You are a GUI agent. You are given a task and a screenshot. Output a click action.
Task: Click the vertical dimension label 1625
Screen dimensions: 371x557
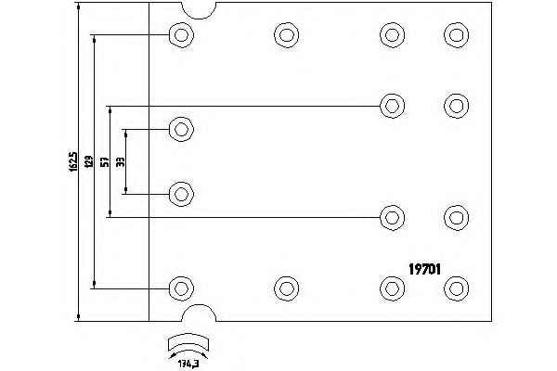tap(74, 162)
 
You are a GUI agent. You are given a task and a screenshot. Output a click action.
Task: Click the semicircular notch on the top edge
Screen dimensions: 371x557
tap(197, 10)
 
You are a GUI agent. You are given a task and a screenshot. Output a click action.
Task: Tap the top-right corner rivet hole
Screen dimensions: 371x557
tap(456, 35)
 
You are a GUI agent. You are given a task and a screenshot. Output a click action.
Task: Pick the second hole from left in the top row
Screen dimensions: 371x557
tap(286, 35)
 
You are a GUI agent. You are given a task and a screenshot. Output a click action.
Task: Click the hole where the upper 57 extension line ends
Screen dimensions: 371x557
tap(391, 104)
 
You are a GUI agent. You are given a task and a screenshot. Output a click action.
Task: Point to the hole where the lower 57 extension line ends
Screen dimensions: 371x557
tap(391, 217)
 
